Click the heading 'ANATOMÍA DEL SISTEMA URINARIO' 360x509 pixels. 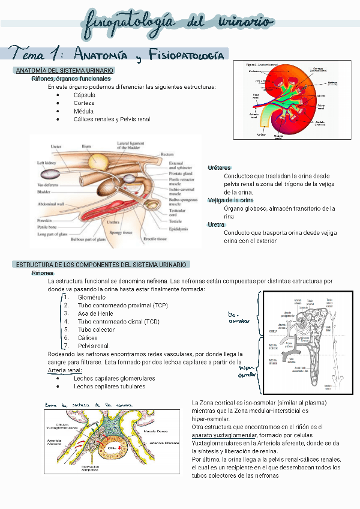pos(64,71)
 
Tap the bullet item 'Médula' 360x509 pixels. pos(83,111)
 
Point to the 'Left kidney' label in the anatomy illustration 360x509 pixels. pos(46,163)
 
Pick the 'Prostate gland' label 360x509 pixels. pos(181,173)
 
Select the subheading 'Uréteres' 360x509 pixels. pos(219,167)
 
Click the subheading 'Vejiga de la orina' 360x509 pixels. pos(230,200)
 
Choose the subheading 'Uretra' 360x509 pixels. pos(216,224)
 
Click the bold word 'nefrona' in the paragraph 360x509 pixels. pos(157,281)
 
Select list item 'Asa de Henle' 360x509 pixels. pos(95,313)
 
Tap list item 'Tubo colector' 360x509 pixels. pos(96,330)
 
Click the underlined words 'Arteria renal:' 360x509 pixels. pos(65,370)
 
